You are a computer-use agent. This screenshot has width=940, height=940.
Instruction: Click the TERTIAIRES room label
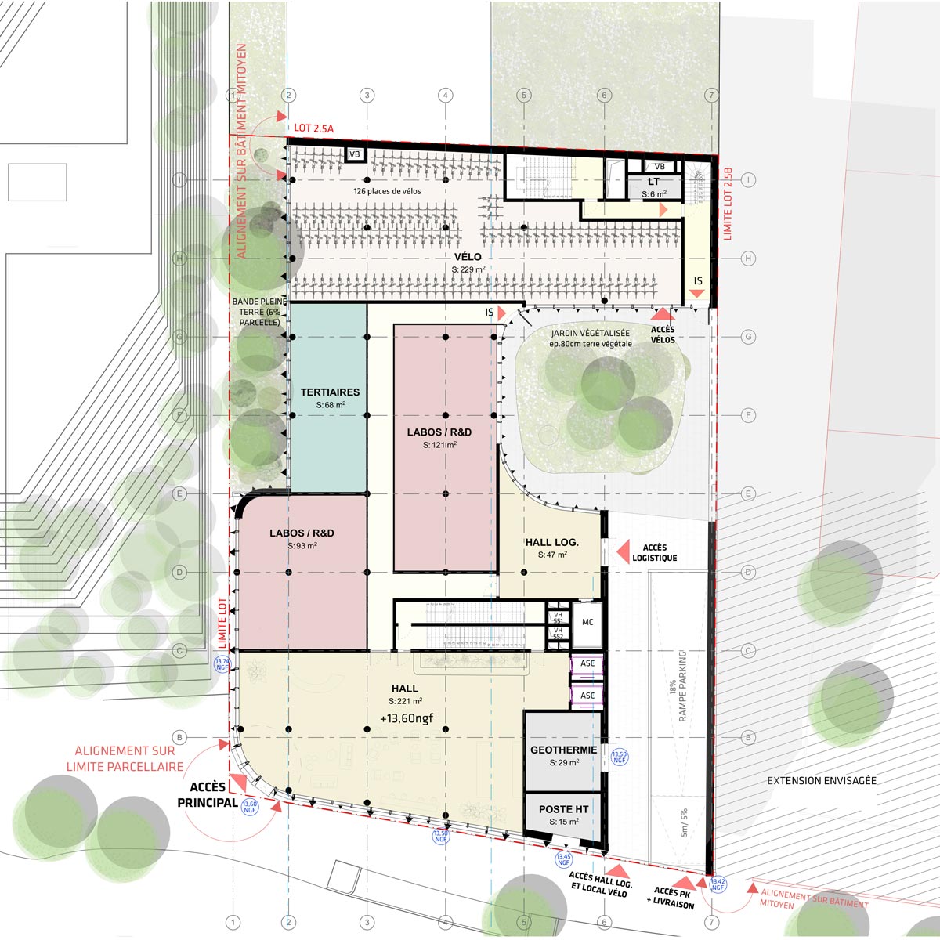(330, 392)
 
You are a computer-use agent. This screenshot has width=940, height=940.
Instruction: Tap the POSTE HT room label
(563, 809)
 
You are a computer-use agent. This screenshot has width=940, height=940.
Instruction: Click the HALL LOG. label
(551, 542)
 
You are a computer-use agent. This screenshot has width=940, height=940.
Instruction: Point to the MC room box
(587, 623)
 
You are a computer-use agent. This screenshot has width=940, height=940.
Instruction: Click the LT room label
(653, 183)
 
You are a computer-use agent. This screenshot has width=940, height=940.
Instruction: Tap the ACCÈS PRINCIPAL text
(208, 794)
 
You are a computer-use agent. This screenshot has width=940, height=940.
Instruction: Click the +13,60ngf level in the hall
(407, 718)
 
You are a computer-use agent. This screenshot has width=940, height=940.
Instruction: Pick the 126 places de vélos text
(387, 191)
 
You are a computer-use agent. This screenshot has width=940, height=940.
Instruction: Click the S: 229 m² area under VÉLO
(468, 269)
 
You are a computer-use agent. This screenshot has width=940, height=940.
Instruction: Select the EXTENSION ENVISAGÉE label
(822, 780)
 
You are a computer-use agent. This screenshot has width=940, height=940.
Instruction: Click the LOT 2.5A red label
(314, 128)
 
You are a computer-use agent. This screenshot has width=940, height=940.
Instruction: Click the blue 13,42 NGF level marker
(718, 884)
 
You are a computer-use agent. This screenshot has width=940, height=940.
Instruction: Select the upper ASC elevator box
(587, 663)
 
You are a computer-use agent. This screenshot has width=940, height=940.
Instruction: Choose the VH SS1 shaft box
(558, 617)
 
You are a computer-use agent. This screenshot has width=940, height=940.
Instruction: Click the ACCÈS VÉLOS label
(663, 334)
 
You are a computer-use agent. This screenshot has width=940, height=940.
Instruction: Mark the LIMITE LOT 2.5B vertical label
(727, 203)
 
